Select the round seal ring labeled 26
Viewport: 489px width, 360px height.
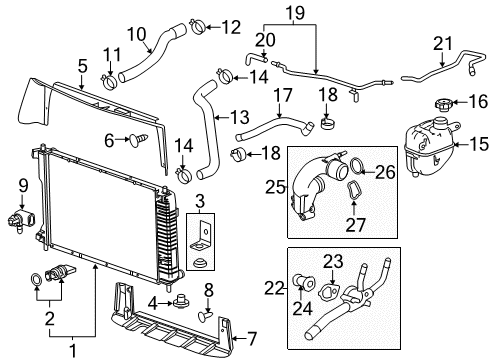pos(354,166)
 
